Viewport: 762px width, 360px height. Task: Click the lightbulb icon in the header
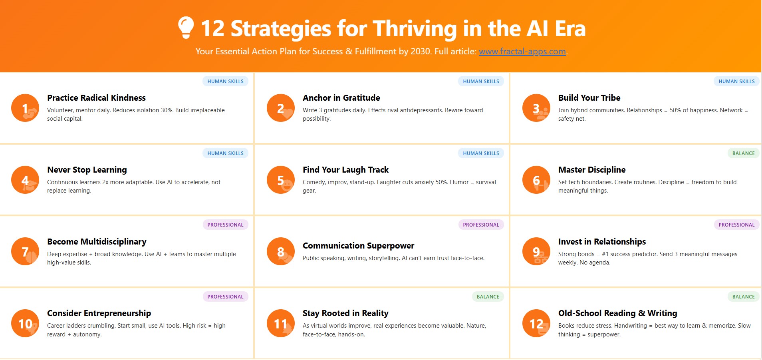[x=186, y=27]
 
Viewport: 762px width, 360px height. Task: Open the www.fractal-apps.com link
[x=522, y=52]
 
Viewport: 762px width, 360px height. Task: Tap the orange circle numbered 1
[x=25, y=108]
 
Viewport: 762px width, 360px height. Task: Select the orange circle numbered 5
[x=281, y=180]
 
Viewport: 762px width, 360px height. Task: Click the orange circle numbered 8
[x=281, y=251]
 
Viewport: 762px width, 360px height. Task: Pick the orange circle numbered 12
[x=536, y=323]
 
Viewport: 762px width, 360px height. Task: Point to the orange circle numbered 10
[x=25, y=323]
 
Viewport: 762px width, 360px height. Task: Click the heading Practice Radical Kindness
[x=96, y=98]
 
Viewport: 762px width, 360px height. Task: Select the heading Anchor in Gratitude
[x=341, y=98]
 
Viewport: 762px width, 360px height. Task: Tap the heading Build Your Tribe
[x=589, y=98]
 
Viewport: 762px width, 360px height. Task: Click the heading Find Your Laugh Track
[x=345, y=170]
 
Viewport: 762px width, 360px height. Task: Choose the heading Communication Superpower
[x=358, y=246]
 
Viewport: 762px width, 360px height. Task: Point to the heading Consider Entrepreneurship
[x=99, y=313]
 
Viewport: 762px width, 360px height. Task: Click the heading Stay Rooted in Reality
[x=345, y=313]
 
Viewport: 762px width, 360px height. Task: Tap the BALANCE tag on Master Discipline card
[x=744, y=153]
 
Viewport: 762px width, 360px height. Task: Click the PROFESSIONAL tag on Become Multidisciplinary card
[x=225, y=225]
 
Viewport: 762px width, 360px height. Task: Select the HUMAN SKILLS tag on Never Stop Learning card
[x=225, y=153]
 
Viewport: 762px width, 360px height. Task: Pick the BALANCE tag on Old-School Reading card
[x=744, y=296]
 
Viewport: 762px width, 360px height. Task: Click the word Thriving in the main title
[x=415, y=29]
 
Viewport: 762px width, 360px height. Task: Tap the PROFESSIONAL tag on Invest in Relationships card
[x=736, y=225]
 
